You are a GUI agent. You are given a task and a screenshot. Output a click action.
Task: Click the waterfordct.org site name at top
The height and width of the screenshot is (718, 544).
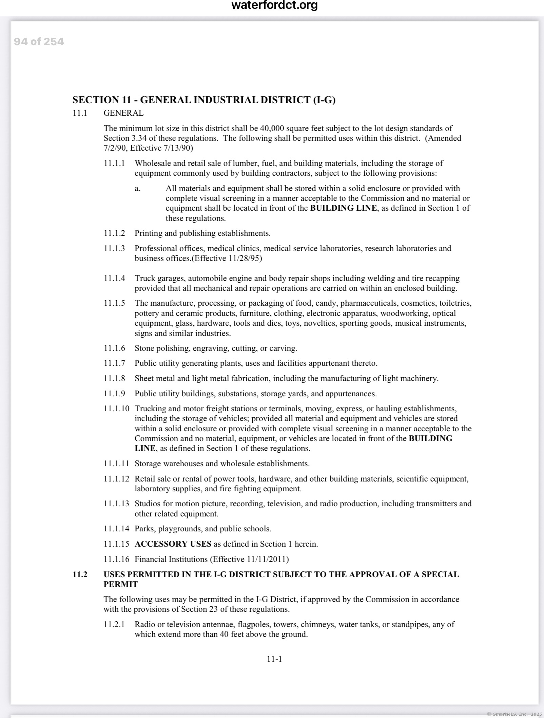pos(274,5)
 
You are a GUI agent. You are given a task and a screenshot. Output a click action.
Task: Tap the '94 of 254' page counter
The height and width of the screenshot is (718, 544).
pos(39,42)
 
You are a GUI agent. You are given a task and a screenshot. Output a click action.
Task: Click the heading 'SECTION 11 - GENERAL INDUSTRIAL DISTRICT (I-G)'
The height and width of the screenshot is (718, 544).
pos(204,100)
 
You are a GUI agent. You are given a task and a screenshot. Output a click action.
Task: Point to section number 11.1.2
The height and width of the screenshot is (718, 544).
pos(114,233)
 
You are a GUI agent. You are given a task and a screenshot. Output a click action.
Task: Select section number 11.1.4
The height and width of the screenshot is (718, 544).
pos(114,278)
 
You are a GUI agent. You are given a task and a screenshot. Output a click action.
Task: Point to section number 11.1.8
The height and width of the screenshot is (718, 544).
pos(114,378)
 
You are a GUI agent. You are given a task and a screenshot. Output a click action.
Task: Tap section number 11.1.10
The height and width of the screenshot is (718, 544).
pos(116,409)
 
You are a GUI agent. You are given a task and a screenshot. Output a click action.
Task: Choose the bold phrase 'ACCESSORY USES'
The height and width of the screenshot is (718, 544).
pos(173,544)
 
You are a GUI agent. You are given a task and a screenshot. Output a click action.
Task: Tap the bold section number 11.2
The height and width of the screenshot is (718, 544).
pos(80,574)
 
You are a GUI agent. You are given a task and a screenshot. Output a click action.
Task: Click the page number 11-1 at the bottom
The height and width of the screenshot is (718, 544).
pos(274,659)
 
